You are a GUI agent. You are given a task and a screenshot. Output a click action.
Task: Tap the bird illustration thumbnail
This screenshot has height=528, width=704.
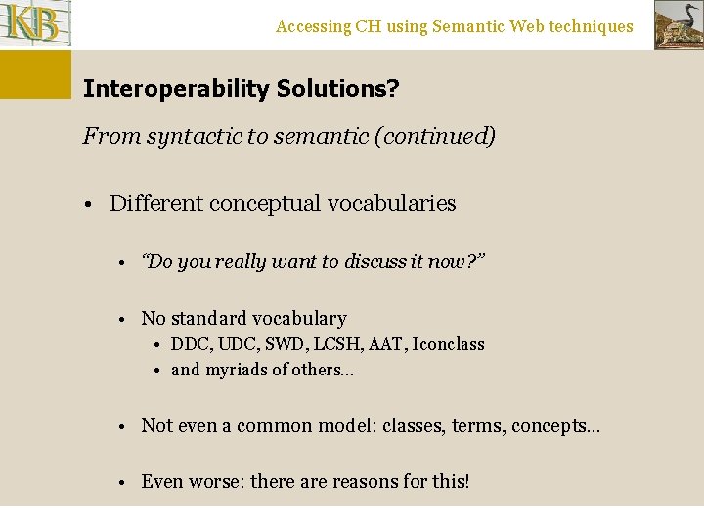678,25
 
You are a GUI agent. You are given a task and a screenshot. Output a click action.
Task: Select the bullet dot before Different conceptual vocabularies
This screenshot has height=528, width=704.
88,204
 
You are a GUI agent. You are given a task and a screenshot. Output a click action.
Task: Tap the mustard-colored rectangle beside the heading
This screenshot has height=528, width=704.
35,74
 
